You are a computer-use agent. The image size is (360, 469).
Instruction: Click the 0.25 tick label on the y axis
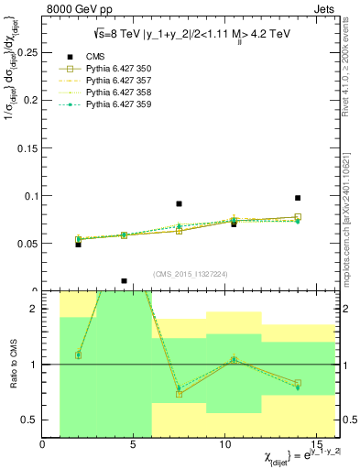[x=25, y=53]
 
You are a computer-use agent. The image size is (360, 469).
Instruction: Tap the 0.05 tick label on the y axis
[x=25, y=244]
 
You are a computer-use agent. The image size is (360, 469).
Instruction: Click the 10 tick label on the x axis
[x=226, y=445]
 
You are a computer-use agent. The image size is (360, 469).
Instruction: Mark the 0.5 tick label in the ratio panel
[x=30, y=420]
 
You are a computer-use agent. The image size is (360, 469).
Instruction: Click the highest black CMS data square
[x=298, y=198]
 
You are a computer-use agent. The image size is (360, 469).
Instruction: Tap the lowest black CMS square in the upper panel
[x=124, y=281]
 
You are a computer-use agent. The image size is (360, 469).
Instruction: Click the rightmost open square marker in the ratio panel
[x=298, y=383]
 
